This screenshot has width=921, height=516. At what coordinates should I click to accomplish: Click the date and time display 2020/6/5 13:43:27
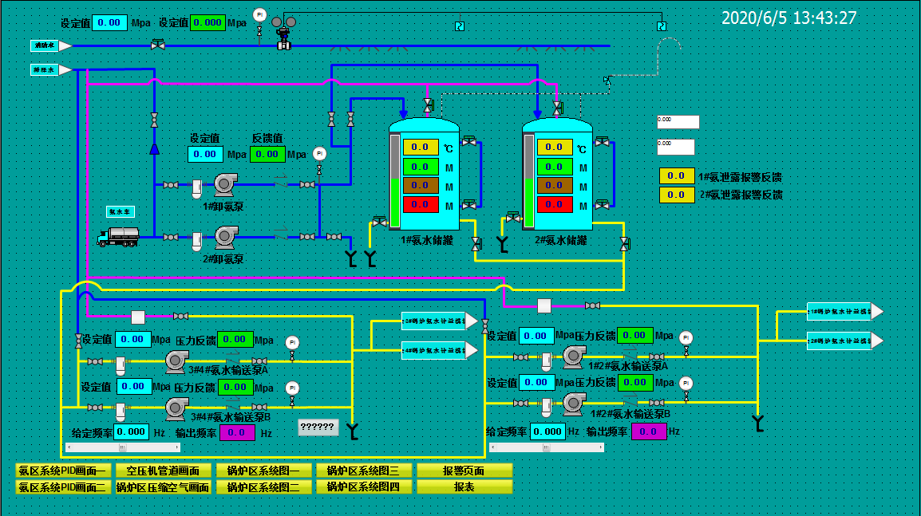(x=789, y=18)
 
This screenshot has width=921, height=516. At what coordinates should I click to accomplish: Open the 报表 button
(x=464, y=486)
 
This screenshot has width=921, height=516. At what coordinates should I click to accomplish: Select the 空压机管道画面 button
(x=164, y=471)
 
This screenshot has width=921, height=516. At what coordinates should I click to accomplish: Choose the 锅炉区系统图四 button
(x=364, y=486)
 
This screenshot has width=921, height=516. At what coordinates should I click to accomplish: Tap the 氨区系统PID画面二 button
(x=63, y=486)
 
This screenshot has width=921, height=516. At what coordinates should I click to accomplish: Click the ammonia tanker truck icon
(x=117, y=235)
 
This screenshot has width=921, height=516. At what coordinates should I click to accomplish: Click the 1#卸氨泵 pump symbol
(x=224, y=185)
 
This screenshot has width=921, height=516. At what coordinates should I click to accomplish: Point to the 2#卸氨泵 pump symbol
(x=224, y=236)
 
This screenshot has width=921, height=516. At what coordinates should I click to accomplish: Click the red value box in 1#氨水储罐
(x=420, y=205)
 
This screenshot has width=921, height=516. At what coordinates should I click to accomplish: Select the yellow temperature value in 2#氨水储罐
(x=554, y=147)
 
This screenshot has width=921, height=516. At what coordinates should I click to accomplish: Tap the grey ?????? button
(x=318, y=427)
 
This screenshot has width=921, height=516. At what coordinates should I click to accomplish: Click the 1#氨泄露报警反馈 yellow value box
(x=676, y=176)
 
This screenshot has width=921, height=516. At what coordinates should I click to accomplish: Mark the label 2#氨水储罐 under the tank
(x=561, y=240)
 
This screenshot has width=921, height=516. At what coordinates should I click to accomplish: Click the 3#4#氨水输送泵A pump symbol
(x=175, y=361)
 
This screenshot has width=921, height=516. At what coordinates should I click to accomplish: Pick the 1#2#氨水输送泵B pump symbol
(x=573, y=404)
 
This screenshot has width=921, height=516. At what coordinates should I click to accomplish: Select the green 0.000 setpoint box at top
(x=208, y=22)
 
